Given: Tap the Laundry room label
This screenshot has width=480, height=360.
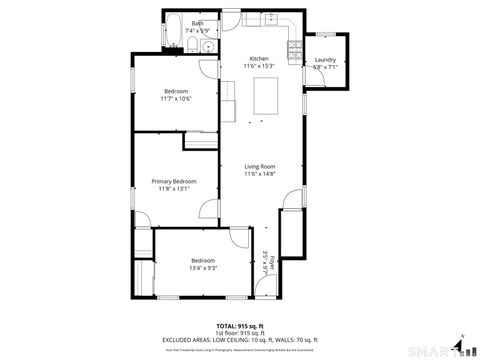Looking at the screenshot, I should pyautogui.click(x=325, y=60).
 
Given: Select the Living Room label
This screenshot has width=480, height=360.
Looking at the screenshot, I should pyautogui.click(x=259, y=166).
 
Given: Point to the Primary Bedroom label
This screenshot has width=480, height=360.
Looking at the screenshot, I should pyautogui.click(x=174, y=181).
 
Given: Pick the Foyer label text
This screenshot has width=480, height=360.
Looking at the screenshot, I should pyautogui.click(x=272, y=263).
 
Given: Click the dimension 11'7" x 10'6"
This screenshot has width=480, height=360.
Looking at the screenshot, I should pyautogui.click(x=176, y=98).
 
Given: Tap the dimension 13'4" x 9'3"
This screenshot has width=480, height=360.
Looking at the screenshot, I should pyautogui.click(x=203, y=267).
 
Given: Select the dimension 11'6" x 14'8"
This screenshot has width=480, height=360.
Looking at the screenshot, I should pyautogui.click(x=259, y=174).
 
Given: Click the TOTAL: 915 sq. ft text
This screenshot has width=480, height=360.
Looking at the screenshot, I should pyautogui.click(x=240, y=326).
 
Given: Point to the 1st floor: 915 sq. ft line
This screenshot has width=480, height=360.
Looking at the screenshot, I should pyautogui.click(x=240, y=333).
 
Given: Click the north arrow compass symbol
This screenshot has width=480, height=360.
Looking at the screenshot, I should pyautogui.click(x=458, y=345).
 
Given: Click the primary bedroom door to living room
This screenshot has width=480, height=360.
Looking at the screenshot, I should pyautogui.click(x=211, y=211).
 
